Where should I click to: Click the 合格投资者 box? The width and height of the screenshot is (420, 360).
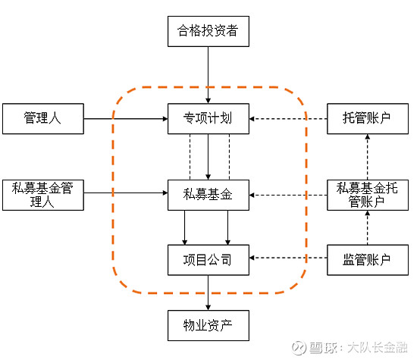[x=208, y=32]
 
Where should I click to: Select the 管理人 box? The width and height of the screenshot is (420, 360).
[x=42, y=118]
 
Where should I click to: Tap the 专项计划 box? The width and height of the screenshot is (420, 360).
[x=208, y=119]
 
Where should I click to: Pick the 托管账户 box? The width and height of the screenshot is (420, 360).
[x=367, y=119]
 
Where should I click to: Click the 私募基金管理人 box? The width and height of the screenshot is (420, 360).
[x=42, y=195]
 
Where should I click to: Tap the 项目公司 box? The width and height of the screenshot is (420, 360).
[x=208, y=260]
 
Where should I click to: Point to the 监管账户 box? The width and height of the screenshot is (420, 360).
[x=367, y=260]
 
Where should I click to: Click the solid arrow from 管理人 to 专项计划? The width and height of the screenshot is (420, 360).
[x=125, y=119]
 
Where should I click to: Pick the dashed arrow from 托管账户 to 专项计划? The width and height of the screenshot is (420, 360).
[x=288, y=119]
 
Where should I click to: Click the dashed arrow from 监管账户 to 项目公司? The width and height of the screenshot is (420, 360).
[x=288, y=260]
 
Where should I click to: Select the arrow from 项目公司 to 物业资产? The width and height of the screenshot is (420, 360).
[x=208, y=292]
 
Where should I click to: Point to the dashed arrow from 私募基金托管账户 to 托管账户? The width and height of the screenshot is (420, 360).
[x=367, y=156]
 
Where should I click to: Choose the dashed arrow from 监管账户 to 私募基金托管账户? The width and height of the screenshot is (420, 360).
[x=367, y=227]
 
